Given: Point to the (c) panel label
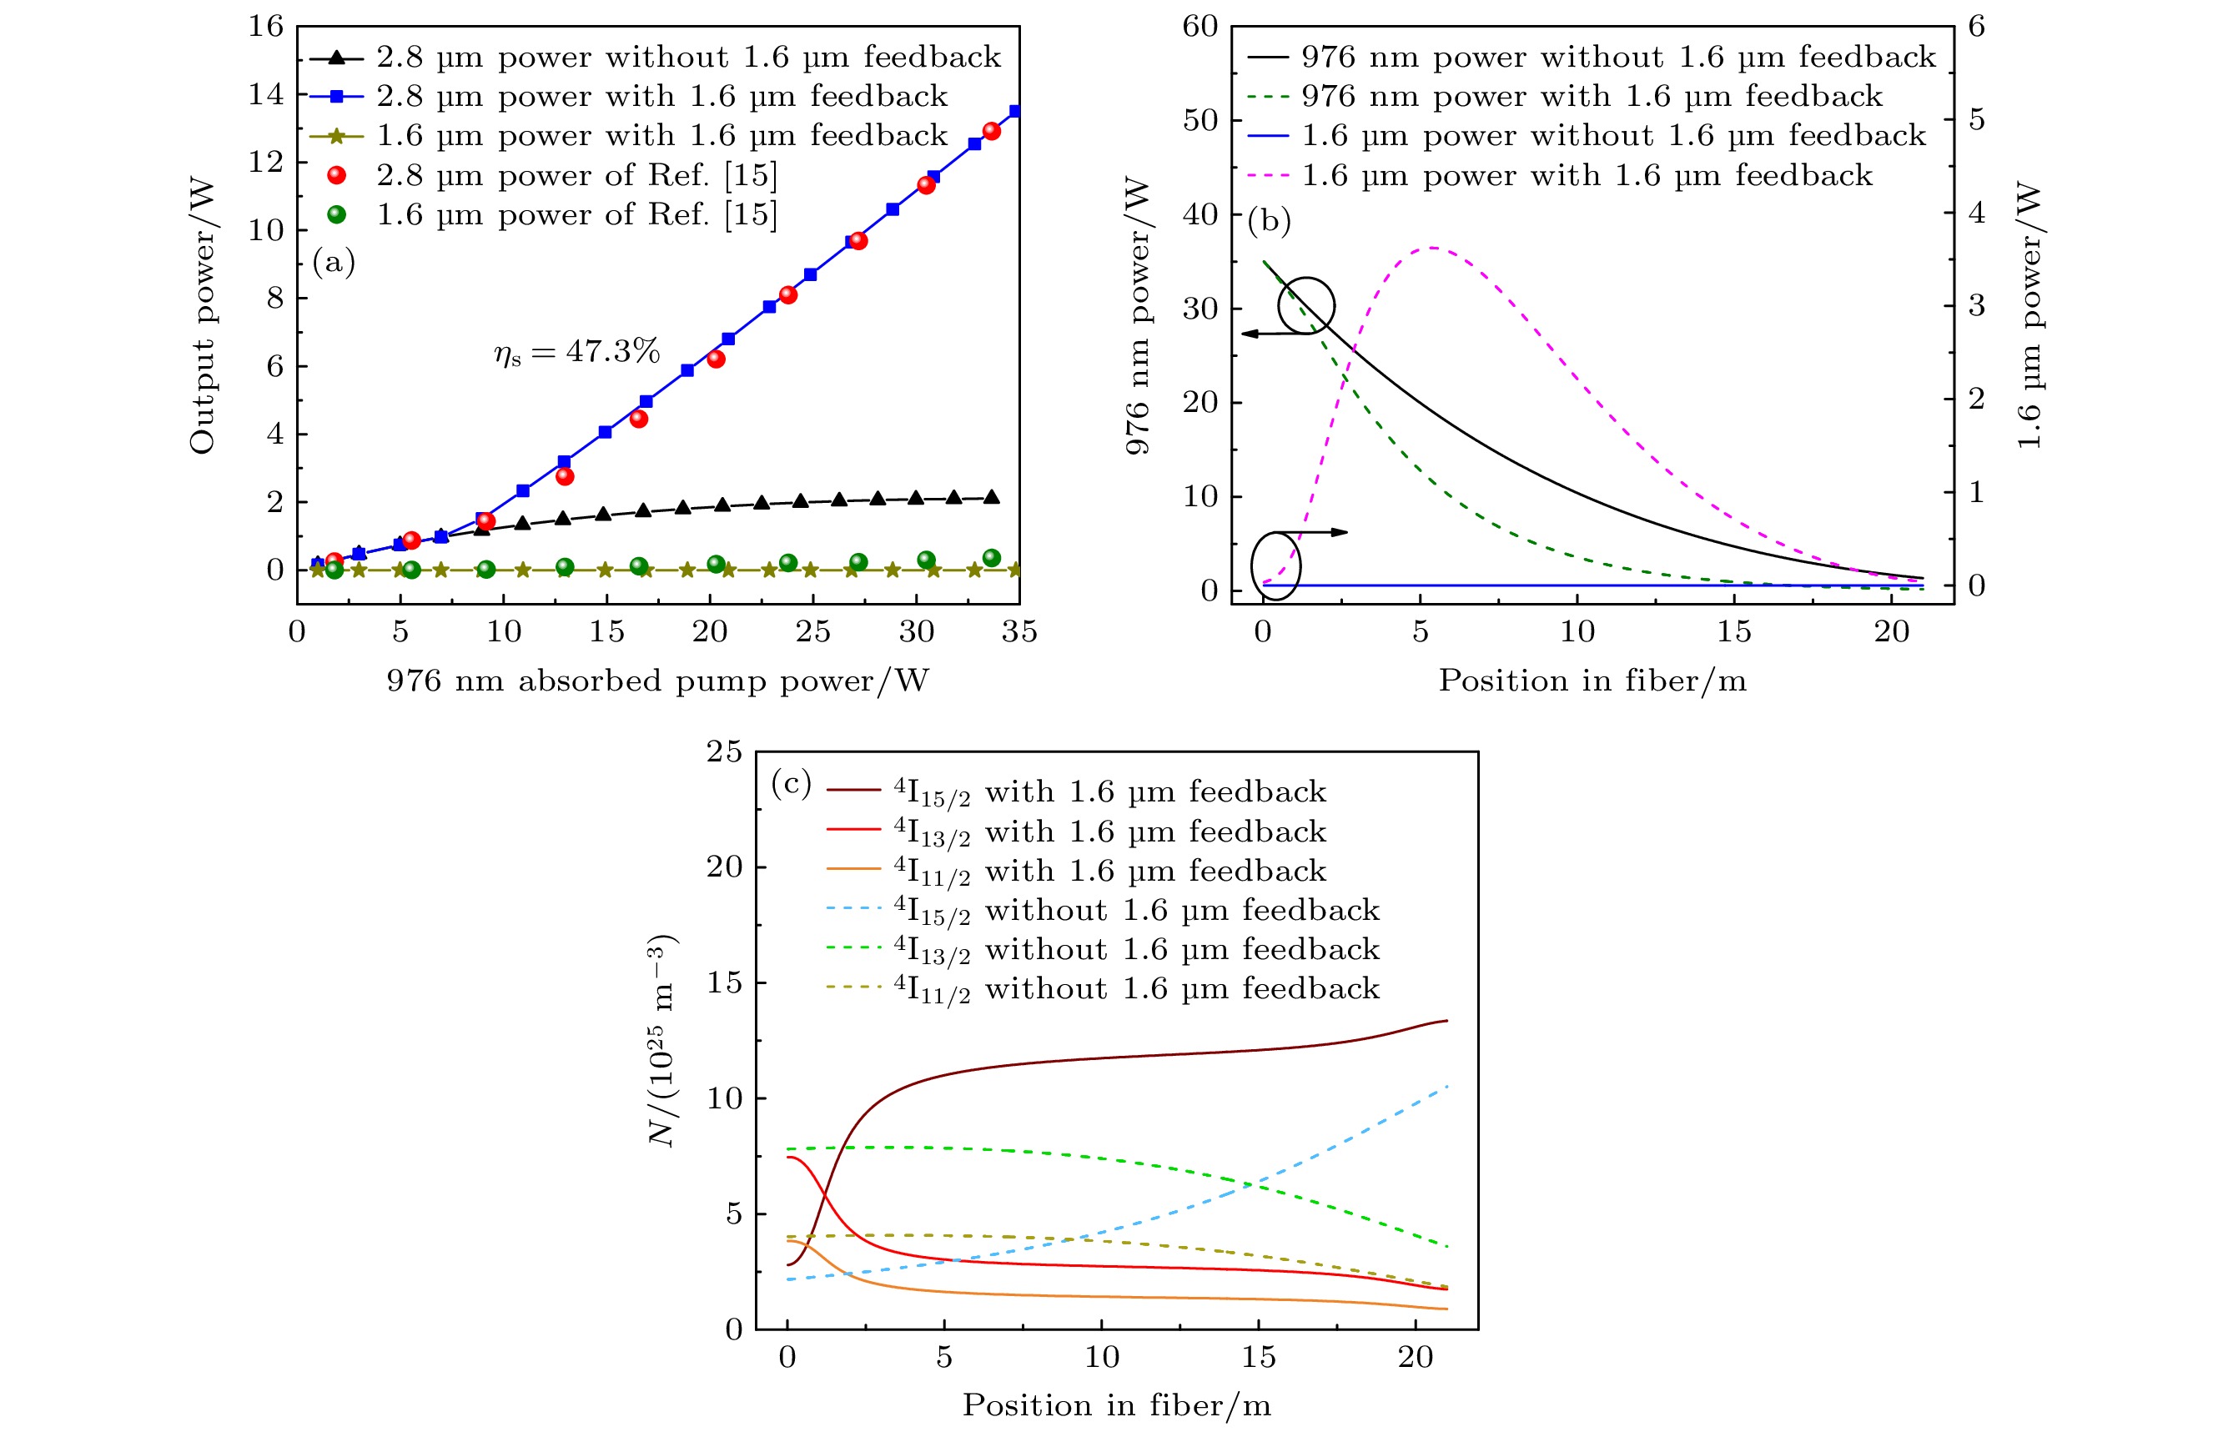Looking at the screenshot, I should [792, 783].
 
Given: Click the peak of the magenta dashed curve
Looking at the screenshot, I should [1432, 248].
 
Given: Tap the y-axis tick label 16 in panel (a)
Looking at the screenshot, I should [266, 26].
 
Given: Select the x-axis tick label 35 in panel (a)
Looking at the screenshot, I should [1018, 632].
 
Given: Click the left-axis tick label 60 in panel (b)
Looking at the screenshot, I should [1199, 26].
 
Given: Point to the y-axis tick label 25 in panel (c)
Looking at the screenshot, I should [725, 751].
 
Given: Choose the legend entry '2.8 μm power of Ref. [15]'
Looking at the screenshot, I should [576, 175].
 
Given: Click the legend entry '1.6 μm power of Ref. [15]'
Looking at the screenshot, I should [576, 215].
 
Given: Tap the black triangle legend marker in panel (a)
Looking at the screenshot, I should [337, 58].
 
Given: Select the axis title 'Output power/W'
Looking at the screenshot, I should [202, 316].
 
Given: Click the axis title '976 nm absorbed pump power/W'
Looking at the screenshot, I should [657, 681].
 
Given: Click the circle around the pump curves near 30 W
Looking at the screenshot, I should [1305, 305].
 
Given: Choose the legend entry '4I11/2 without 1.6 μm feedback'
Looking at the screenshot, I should [1135, 988].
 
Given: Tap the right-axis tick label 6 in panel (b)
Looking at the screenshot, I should [1977, 26].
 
